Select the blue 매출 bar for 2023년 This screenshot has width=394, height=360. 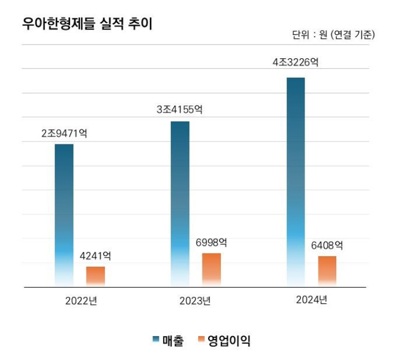pyautogui.click(x=180, y=203)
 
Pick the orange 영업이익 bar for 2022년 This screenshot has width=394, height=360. pyautogui.click(x=95, y=276)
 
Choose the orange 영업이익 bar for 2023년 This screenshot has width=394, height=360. pyautogui.click(x=211, y=269)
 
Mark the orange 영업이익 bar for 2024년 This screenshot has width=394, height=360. pyautogui.click(x=327, y=271)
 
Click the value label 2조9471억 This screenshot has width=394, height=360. pyautogui.click(x=64, y=133)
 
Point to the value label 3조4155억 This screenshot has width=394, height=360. pyautogui.click(x=180, y=110)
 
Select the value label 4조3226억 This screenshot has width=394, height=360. pyautogui.click(x=295, y=62)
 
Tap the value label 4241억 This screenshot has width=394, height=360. pyautogui.click(x=95, y=256)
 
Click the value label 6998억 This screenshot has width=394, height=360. pyautogui.click(x=211, y=242)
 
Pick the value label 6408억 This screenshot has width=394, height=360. pyautogui.click(x=327, y=245)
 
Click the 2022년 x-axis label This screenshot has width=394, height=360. pyautogui.click(x=81, y=301)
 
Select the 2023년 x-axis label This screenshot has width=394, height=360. pyautogui.click(x=195, y=301)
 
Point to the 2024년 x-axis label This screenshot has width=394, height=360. pyautogui.click(x=311, y=300)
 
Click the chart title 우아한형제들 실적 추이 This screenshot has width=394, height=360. pyautogui.click(x=87, y=24)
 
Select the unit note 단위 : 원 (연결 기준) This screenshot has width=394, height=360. pyautogui.click(x=334, y=34)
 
